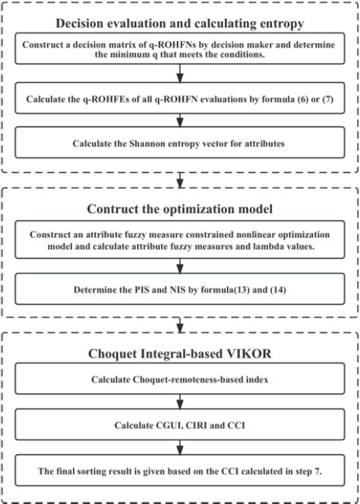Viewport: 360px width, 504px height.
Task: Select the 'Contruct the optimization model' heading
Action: [179, 209]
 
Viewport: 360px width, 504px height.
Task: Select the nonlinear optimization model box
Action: [179, 241]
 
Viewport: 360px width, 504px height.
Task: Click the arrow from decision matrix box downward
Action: [179, 74]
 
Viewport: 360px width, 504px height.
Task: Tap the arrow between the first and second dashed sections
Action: [179, 181]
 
